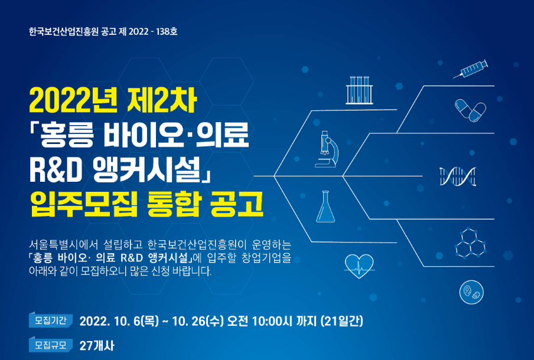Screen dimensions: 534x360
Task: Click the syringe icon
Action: click(x=471, y=69)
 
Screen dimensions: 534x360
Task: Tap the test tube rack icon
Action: click(x=359, y=90)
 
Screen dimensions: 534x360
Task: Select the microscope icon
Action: click(x=327, y=149)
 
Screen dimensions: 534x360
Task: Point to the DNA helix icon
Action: click(x=458, y=176)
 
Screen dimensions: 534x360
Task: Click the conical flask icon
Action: click(x=325, y=207)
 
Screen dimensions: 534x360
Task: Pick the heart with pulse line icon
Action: click(x=359, y=266)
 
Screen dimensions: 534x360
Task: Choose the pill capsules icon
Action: click(x=470, y=110)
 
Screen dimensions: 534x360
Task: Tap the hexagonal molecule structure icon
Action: click(x=470, y=243)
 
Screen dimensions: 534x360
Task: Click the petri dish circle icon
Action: click(x=471, y=292)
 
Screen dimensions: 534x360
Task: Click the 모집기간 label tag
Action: click(x=51, y=320)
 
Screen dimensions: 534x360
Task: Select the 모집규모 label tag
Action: click(x=51, y=345)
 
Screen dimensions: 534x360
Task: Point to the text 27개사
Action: click(x=97, y=346)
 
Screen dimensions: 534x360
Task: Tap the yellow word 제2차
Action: click(x=162, y=100)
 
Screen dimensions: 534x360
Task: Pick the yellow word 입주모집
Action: click(x=84, y=204)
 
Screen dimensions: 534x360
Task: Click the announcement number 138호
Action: click(x=167, y=32)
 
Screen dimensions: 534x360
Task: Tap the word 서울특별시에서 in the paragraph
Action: click(x=63, y=245)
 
